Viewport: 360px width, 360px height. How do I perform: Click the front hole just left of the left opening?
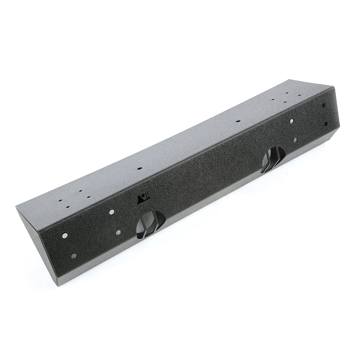118,232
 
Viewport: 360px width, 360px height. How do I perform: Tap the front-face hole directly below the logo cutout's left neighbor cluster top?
111,212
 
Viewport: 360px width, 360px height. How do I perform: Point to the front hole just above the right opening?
291,121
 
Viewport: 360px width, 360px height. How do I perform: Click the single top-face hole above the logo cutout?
140,169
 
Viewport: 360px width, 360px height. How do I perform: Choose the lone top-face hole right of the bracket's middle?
238,121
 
